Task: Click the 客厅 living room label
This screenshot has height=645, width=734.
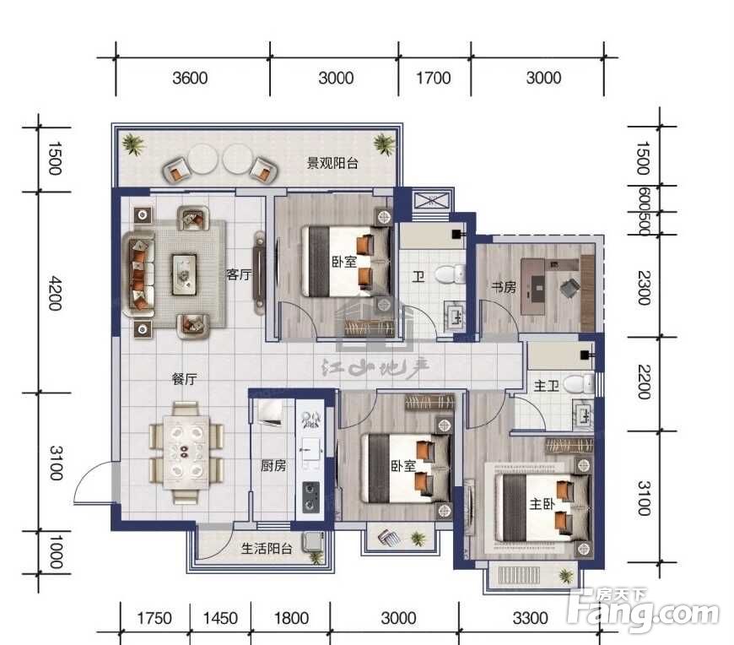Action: click(239, 274)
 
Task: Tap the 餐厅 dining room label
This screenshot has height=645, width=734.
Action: click(185, 378)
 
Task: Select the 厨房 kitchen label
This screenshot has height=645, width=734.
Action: click(273, 465)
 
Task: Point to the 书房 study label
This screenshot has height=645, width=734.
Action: click(504, 287)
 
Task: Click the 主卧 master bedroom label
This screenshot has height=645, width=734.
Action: click(542, 503)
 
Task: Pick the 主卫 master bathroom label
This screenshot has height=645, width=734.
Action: click(547, 386)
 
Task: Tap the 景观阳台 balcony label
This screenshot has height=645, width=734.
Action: click(332, 163)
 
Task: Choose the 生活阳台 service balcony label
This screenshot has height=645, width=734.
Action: click(267, 548)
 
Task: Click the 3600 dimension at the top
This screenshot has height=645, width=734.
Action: click(190, 78)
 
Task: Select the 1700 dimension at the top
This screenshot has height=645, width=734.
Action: click(434, 78)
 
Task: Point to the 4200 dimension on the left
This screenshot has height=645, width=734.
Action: click(55, 293)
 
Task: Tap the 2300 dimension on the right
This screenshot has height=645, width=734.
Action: click(644, 288)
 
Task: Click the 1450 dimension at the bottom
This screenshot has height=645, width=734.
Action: click(220, 618)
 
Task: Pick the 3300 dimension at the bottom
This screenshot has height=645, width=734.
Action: click(530, 618)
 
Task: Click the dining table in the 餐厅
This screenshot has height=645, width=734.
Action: click(186, 453)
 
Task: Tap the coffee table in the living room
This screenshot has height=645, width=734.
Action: click(184, 274)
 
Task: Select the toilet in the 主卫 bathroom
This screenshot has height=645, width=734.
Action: click(579, 384)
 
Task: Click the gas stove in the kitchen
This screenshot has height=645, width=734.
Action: click(311, 497)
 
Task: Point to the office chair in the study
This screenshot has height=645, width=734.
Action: click(569, 286)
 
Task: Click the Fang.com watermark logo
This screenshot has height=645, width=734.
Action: click(642, 609)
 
